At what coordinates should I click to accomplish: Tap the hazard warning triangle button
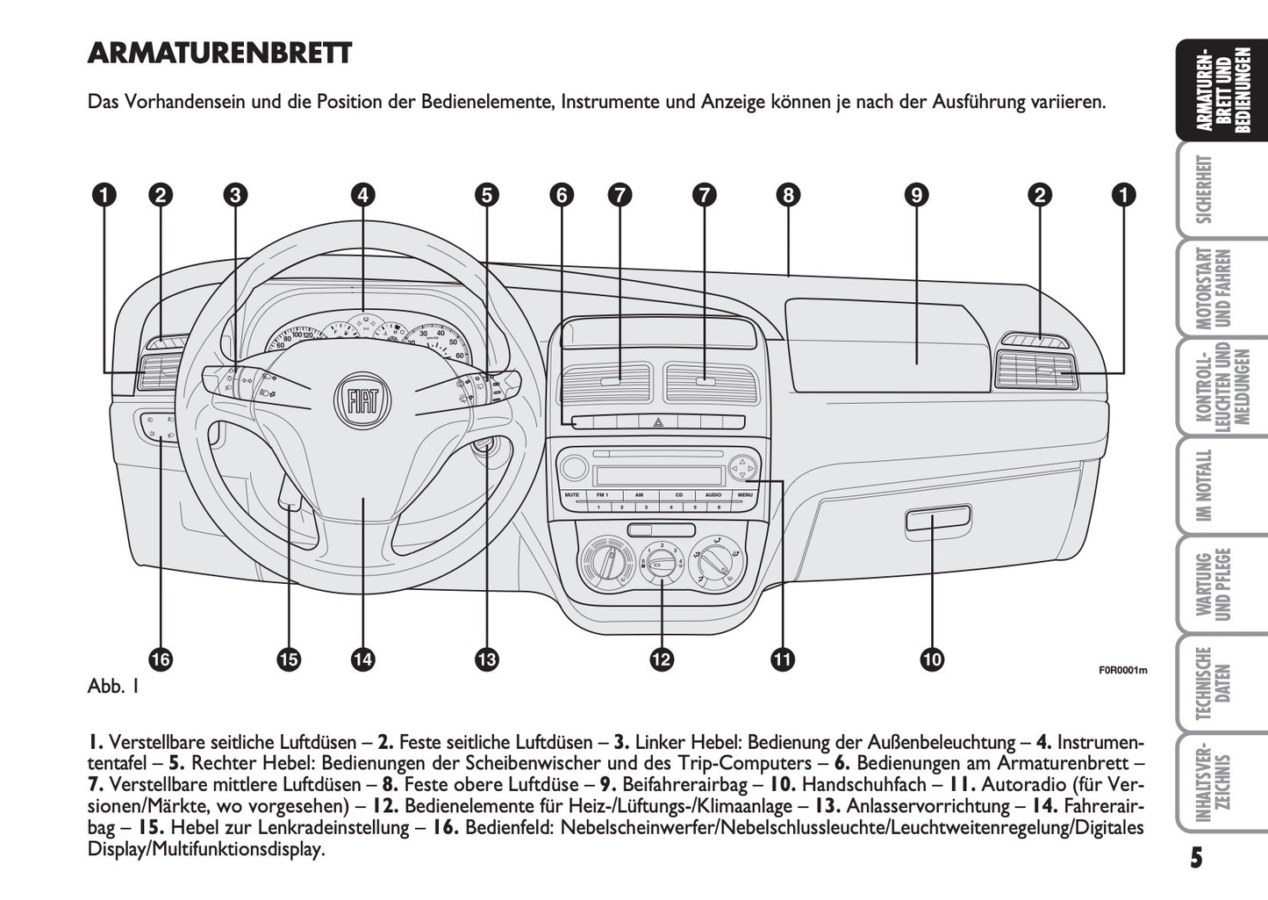click(x=657, y=422)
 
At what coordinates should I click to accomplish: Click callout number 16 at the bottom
click(x=161, y=659)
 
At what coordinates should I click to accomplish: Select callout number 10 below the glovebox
click(x=932, y=659)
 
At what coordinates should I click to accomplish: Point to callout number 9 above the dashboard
click(x=916, y=194)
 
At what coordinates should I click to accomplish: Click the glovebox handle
click(x=937, y=521)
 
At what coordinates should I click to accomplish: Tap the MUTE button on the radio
click(x=572, y=495)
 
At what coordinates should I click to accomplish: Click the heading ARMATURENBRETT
click(x=219, y=54)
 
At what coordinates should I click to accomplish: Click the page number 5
click(x=1196, y=858)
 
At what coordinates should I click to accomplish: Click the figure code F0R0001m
click(x=1123, y=671)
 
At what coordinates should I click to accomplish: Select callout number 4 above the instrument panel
click(x=362, y=194)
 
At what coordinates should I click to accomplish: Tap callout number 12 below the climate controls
click(x=661, y=659)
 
